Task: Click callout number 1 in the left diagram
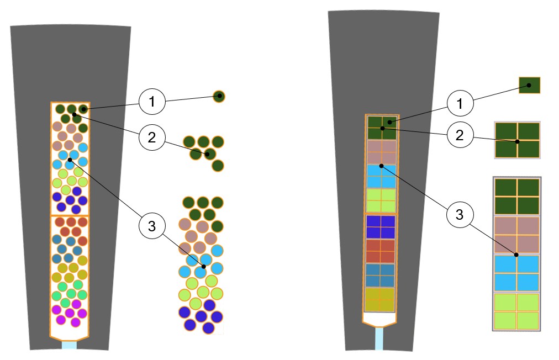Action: (x=150, y=102)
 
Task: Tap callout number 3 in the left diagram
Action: (x=150, y=225)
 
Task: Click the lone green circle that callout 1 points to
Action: (x=219, y=97)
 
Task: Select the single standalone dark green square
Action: (x=529, y=86)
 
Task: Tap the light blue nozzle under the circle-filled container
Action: (x=69, y=345)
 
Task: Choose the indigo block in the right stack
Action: (x=381, y=226)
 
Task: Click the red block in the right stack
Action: (x=381, y=250)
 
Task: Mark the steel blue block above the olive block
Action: (x=381, y=274)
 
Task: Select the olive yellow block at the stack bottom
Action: (x=380, y=299)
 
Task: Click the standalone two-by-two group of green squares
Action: (x=517, y=140)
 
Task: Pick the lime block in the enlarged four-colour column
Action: (x=516, y=311)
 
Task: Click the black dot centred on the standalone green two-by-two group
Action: (x=517, y=141)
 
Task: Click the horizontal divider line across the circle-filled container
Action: (x=70, y=215)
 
